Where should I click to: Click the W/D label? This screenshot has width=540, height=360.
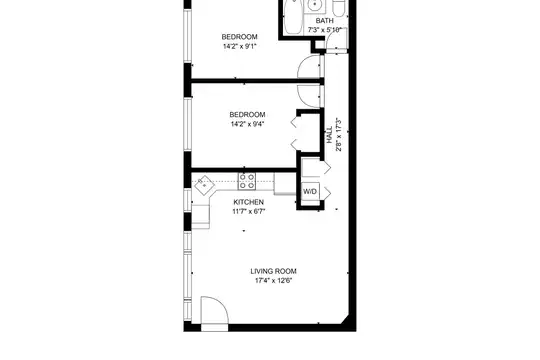(310, 192)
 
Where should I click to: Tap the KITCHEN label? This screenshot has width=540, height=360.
(249, 202)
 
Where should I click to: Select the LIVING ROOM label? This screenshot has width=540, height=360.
(273, 271)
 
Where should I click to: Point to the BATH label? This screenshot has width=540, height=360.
(324, 21)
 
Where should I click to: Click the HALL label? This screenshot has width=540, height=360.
(330, 135)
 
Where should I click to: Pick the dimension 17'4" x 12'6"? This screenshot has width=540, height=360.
(273, 280)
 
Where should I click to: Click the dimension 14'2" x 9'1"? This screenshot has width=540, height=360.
(239, 46)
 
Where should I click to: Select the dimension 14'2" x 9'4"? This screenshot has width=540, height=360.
(247, 124)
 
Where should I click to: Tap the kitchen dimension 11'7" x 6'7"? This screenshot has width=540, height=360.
(249, 211)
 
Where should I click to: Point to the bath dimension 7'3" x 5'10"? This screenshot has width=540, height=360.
(324, 30)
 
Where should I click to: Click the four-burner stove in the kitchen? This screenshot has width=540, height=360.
(247, 181)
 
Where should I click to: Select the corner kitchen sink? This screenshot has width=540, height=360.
(204, 185)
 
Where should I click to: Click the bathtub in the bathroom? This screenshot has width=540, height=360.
(293, 17)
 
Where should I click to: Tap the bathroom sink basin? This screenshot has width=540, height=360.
(315, 5)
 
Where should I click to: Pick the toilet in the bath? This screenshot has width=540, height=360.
(339, 8)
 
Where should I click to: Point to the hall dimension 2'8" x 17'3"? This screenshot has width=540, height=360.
(339, 135)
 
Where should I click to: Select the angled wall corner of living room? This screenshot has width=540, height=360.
(345, 319)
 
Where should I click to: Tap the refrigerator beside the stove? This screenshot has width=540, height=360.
(284, 183)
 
